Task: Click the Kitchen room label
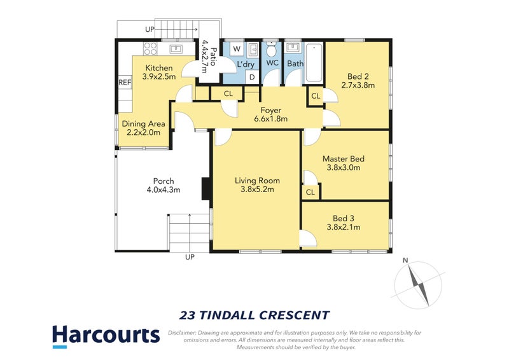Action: (x=159, y=68)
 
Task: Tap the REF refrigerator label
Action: (x=125, y=83)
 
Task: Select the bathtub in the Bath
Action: (x=314, y=64)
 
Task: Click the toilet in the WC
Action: (x=272, y=51)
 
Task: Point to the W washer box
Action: (x=237, y=49)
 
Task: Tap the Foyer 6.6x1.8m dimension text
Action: (x=271, y=119)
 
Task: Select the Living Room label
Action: (x=256, y=181)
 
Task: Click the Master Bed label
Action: (x=343, y=159)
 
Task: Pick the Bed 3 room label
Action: (x=344, y=218)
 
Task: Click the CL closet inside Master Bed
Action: (x=310, y=192)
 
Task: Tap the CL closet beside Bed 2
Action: (x=316, y=97)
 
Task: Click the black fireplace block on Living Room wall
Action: (x=206, y=188)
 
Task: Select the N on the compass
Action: (x=405, y=260)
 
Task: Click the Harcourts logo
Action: (x=106, y=335)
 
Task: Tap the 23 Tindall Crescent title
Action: (x=254, y=315)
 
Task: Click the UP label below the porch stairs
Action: (x=190, y=257)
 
